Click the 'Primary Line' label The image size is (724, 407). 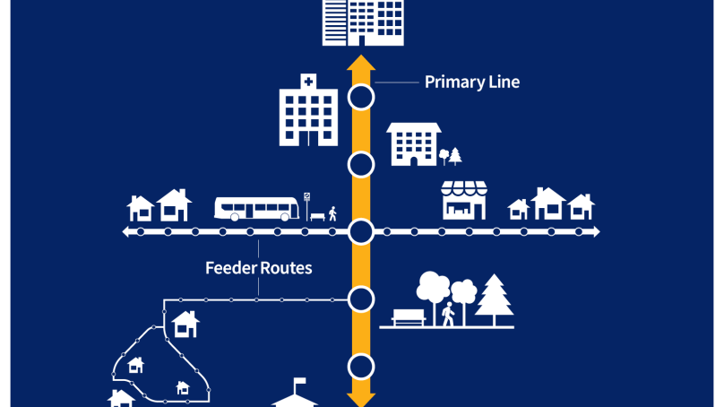(471, 82)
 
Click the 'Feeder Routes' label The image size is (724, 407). (258, 268)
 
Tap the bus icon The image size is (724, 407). (256, 209)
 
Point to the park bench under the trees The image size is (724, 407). (408, 316)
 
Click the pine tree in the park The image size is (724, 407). (493, 299)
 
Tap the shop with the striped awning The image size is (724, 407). (463, 200)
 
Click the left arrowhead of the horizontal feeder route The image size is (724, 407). (126, 232)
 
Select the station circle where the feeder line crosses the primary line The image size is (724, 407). (360, 232)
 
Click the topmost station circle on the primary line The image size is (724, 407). (360, 98)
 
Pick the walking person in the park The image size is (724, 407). (448, 314)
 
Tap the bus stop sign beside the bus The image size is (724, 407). (307, 198)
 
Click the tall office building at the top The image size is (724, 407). (362, 22)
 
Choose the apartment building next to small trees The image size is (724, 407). (413, 144)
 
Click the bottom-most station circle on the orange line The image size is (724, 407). (360, 366)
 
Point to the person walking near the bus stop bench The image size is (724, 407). (332, 213)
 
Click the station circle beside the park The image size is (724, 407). (360, 299)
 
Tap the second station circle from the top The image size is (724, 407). (360, 165)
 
